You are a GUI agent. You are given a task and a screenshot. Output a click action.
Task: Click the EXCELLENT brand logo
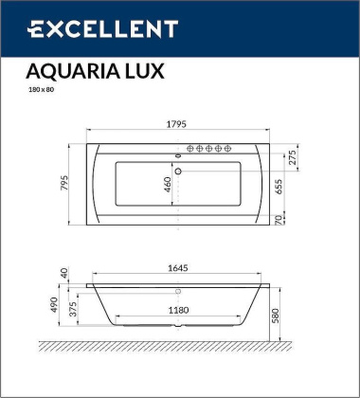pyautogui.click(x=103, y=30)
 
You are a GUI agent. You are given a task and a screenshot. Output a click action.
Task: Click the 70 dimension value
pyautogui.click(x=278, y=220)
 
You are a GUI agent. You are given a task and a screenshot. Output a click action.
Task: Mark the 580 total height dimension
pyautogui.click(x=302, y=313)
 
